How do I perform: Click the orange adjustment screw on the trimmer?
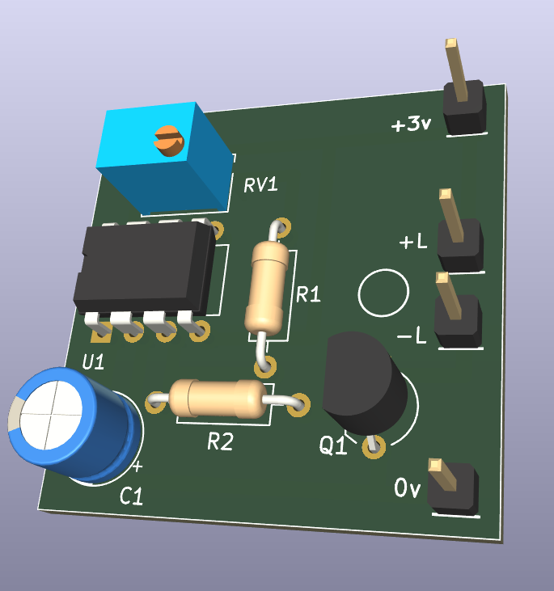tap(168, 141)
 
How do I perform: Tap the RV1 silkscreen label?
tap(260, 184)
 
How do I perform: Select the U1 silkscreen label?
tap(93, 362)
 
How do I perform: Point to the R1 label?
tap(308, 294)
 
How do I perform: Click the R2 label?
tap(220, 441)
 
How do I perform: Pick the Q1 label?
tap(332, 445)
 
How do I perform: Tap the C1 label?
tap(131, 496)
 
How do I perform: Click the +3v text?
tap(411, 124)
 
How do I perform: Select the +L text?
tap(413, 241)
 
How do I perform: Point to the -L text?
tap(412, 335)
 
